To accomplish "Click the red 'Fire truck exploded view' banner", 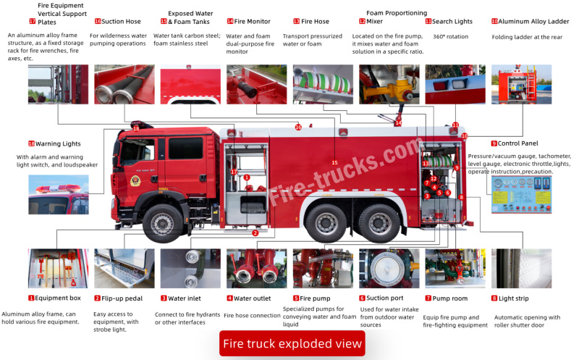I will coord(292,343).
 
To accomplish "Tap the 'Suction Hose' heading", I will coord(122,22).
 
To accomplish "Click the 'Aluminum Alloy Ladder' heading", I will coord(534,22).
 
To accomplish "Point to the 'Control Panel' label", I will coord(518,143).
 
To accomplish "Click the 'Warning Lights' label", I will coord(59,143).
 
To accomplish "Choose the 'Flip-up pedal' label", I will coord(121,298).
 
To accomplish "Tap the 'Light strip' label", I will coord(515,298).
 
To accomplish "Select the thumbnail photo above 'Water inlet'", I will coord(190,269).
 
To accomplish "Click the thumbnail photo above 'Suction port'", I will coord(389,269).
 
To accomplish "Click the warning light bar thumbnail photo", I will coord(58,194).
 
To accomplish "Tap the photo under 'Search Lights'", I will coord(455,84).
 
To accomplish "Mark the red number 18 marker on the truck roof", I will coord(136,129).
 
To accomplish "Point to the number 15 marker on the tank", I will coord(334,162).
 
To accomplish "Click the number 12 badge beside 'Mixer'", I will coord(361,22).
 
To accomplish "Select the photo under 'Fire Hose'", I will coord(323,84).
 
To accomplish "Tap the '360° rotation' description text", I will coord(450,36).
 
